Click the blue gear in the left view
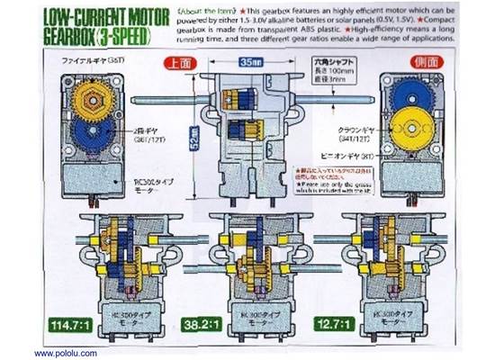coord(89,136)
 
